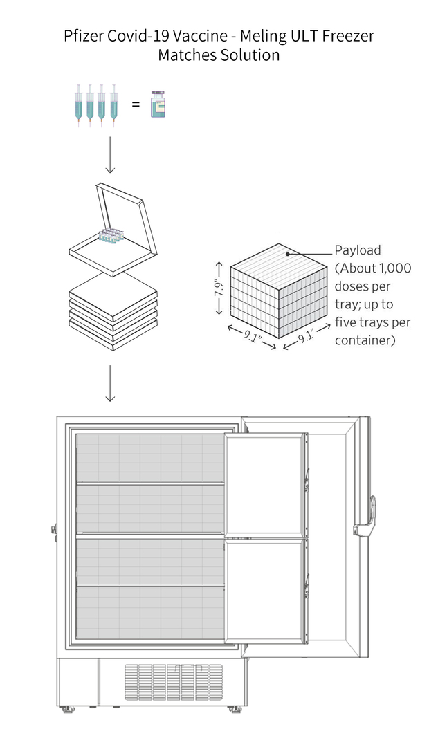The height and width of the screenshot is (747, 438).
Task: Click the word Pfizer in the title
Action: click(84, 37)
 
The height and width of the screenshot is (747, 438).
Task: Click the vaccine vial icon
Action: click(159, 104)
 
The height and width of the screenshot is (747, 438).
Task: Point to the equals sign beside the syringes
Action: click(136, 104)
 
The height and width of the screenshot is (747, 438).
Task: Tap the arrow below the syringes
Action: click(109, 155)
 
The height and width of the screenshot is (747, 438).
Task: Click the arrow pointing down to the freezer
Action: click(109, 383)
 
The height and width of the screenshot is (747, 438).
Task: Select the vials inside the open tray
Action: click(110, 235)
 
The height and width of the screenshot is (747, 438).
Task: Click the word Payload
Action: click(358, 250)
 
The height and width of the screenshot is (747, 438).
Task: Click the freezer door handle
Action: click(376, 515)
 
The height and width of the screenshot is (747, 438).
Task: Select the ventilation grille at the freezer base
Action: click(174, 683)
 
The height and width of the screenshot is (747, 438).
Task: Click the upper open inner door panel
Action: click(264, 483)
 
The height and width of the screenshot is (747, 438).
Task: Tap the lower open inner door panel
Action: click(264, 591)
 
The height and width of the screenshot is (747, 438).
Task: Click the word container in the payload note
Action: click(363, 340)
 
